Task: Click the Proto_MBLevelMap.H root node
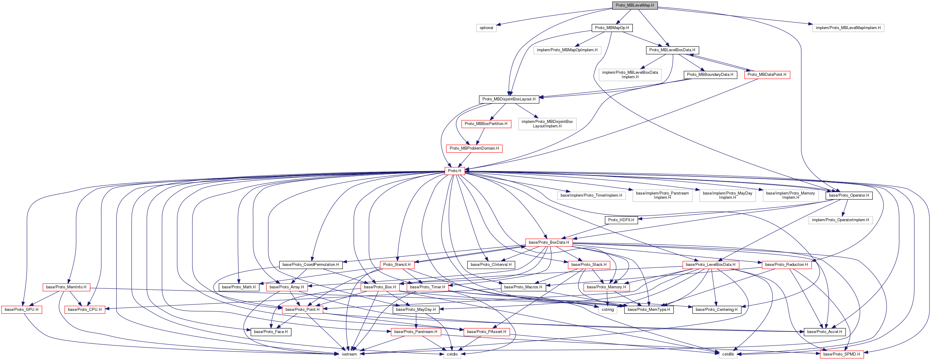(634, 5)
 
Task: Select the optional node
(486, 28)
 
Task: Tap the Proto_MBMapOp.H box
(612, 28)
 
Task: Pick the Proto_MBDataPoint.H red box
(766, 74)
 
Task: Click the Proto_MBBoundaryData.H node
(710, 74)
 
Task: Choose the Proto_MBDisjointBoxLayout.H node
(508, 99)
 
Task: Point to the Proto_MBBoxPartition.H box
(486, 123)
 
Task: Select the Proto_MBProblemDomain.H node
(474, 148)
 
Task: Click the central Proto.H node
(454, 171)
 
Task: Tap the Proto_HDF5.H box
(621, 220)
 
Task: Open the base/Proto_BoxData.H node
(548, 242)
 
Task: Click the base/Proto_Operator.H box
(849, 195)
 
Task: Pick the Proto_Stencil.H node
(396, 265)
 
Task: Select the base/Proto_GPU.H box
(21, 309)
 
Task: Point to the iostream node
(349, 354)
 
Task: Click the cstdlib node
(728, 354)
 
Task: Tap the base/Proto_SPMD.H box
(841, 354)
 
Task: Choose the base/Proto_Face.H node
(271, 332)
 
